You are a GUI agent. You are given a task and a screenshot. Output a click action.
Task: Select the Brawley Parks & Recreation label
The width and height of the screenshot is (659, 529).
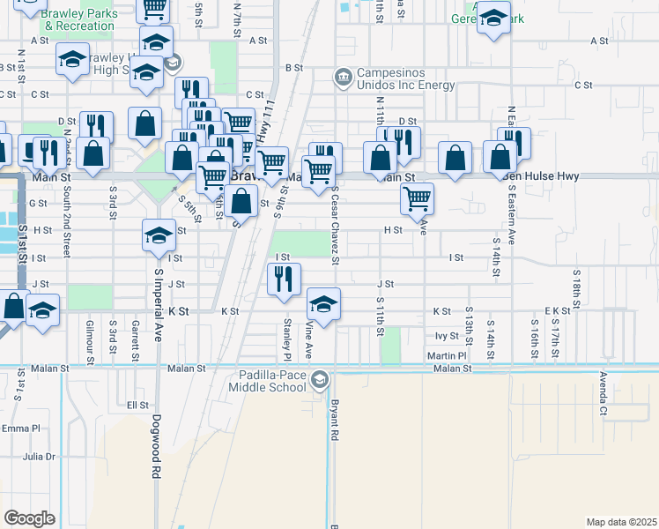point(79,19)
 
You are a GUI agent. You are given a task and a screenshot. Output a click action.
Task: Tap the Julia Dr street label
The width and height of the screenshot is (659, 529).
point(39,457)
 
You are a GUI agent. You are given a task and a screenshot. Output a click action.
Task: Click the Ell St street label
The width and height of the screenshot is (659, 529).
point(137,405)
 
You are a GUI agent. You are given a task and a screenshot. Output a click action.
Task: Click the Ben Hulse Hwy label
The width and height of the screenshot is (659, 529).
point(544,176)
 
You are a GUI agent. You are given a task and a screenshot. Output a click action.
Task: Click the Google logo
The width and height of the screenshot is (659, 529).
point(29,518)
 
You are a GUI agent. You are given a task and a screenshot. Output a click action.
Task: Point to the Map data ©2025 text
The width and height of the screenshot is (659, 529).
point(621,522)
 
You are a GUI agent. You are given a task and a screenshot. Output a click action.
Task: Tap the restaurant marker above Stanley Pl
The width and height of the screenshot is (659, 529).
point(284,279)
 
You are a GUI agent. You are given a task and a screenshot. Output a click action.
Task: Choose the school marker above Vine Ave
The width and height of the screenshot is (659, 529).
point(323,305)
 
